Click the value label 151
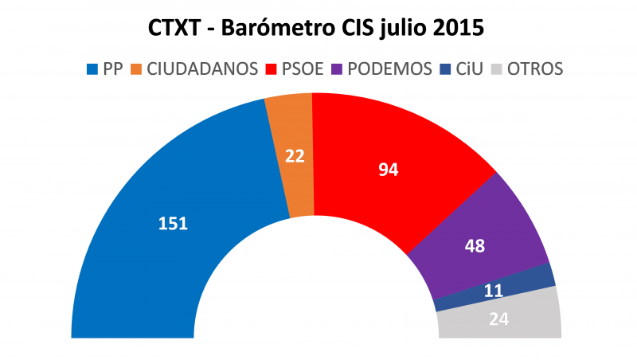tap(173, 224)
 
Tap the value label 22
tap(295, 156)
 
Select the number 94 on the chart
tap(387, 169)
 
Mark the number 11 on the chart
tap(494, 292)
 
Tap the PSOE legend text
tap(303, 69)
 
